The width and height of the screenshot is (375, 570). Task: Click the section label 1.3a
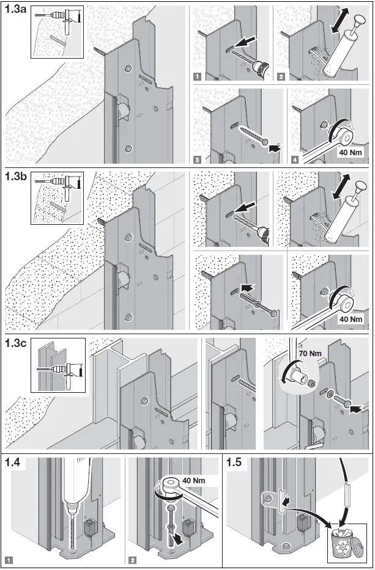[x=15, y=12]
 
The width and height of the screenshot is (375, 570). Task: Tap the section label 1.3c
[x=15, y=344]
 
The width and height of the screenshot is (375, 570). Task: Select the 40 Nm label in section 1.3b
[x=351, y=318]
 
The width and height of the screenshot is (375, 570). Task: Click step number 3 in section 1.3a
[x=198, y=160]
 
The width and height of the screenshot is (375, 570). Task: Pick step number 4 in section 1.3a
[x=296, y=160]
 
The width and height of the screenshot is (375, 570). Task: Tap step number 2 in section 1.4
[x=133, y=560]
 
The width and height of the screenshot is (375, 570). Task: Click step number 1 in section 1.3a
[x=198, y=76]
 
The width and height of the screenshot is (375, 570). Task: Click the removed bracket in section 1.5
[x=273, y=501]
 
